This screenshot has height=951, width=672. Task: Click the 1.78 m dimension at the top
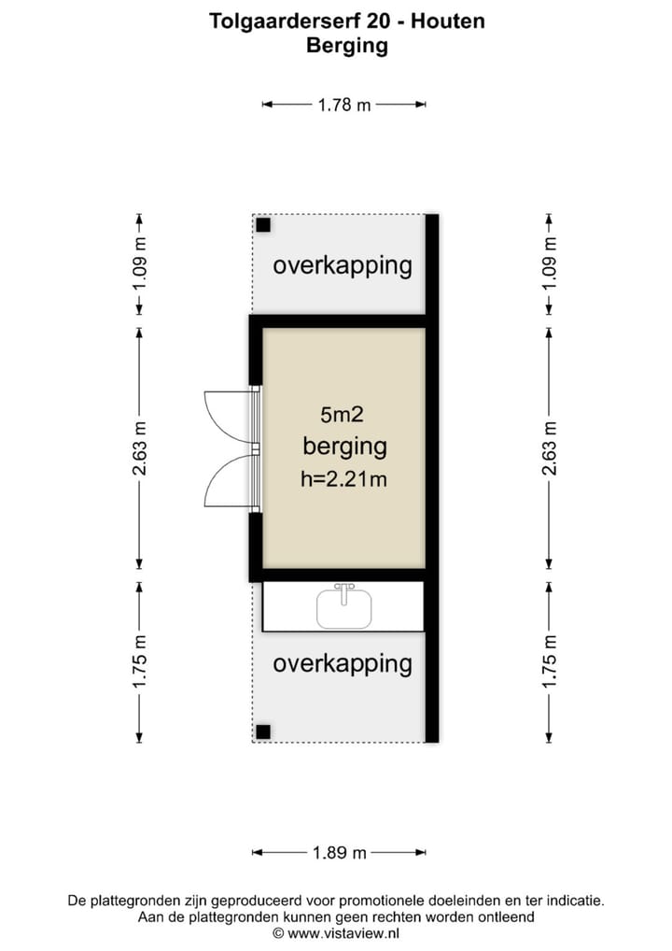pyautogui.click(x=344, y=105)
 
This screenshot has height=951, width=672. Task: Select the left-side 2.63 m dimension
pyautogui.click(x=139, y=448)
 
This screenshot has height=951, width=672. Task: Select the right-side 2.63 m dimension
pyautogui.click(x=550, y=448)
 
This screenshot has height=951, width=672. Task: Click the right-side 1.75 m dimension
pyautogui.click(x=550, y=661)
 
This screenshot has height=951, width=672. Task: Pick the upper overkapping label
pyautogui.click(x=342, y=265)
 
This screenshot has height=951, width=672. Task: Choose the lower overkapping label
pyautogui.click(x=342, y=664)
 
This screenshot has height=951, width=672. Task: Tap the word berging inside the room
pyautogui.click(x=344, y=447)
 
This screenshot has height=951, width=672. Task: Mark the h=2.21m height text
pyautogui.click(x=344, y=480)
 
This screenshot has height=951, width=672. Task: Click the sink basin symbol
pyautogui.click(x=344, y=609)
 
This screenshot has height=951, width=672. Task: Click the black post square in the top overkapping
pyautogui.click(x=264, y=225)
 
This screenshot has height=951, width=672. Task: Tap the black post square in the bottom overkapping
pyautogui.click(x=264, y=731)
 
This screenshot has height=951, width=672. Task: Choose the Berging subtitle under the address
pyautogui.click(x=346, y=45)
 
